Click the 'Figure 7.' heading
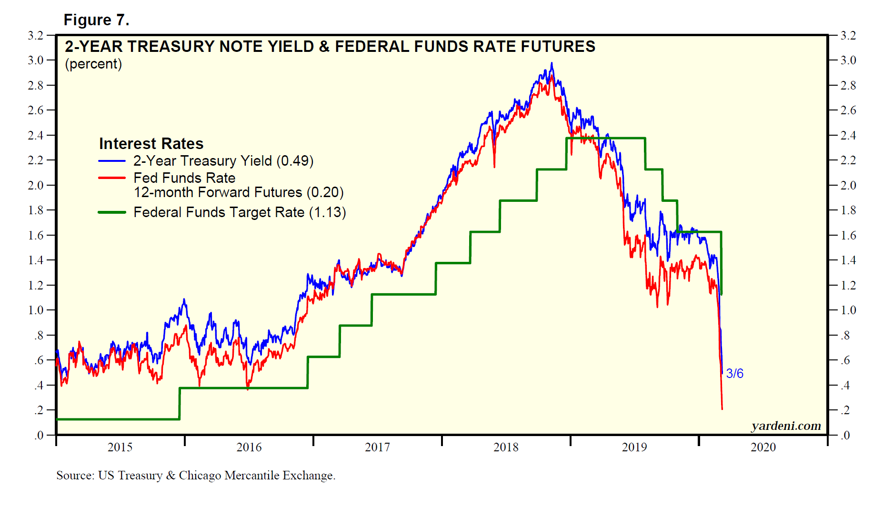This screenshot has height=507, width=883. point(96,20)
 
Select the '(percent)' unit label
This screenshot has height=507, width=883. point(93,64)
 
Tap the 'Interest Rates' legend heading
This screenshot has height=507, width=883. point(151,143)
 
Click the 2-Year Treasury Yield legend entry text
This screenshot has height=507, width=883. point(202,161)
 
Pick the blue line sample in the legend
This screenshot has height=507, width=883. point(112,161)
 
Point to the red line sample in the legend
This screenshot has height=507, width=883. point(112,178)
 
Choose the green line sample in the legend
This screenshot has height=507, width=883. point(112,212)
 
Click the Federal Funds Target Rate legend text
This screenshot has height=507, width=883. point(219,212)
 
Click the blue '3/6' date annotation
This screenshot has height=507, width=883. point(734,374)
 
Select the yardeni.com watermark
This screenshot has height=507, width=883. point(786,426)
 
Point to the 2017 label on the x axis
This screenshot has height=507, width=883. point(377,447)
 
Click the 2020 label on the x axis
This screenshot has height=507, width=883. point(763,447)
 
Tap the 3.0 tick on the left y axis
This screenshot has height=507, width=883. point(36,60)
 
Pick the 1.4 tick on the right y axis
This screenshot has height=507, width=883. point(848,260)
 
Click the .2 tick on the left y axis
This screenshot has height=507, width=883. point(38,410)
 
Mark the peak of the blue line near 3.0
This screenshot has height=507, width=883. point(552,63)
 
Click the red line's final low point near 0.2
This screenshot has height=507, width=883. point(722,408)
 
